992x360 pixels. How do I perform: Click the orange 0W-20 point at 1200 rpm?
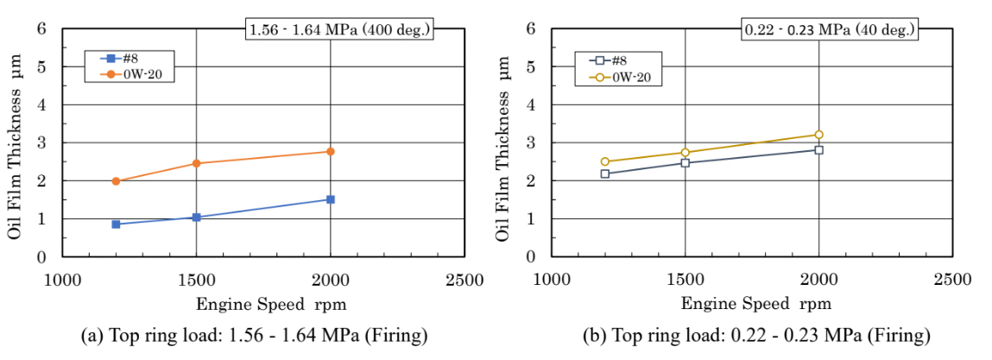pos(116,181)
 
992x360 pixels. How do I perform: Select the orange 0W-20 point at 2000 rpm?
pos(330,152)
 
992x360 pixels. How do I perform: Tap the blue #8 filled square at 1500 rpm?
pos(196,218)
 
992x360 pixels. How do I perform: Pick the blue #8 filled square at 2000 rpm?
pos(330,199)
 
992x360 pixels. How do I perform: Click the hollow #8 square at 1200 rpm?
pos(604,174)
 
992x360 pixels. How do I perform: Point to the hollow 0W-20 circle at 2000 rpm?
pos(818,135)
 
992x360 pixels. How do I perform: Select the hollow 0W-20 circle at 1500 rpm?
pos(685,153)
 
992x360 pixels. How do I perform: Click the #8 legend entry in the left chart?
pos(120,60)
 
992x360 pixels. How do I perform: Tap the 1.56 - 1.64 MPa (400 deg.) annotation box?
pos(338,30)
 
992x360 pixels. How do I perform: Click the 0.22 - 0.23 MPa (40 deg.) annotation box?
pos(829,30)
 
